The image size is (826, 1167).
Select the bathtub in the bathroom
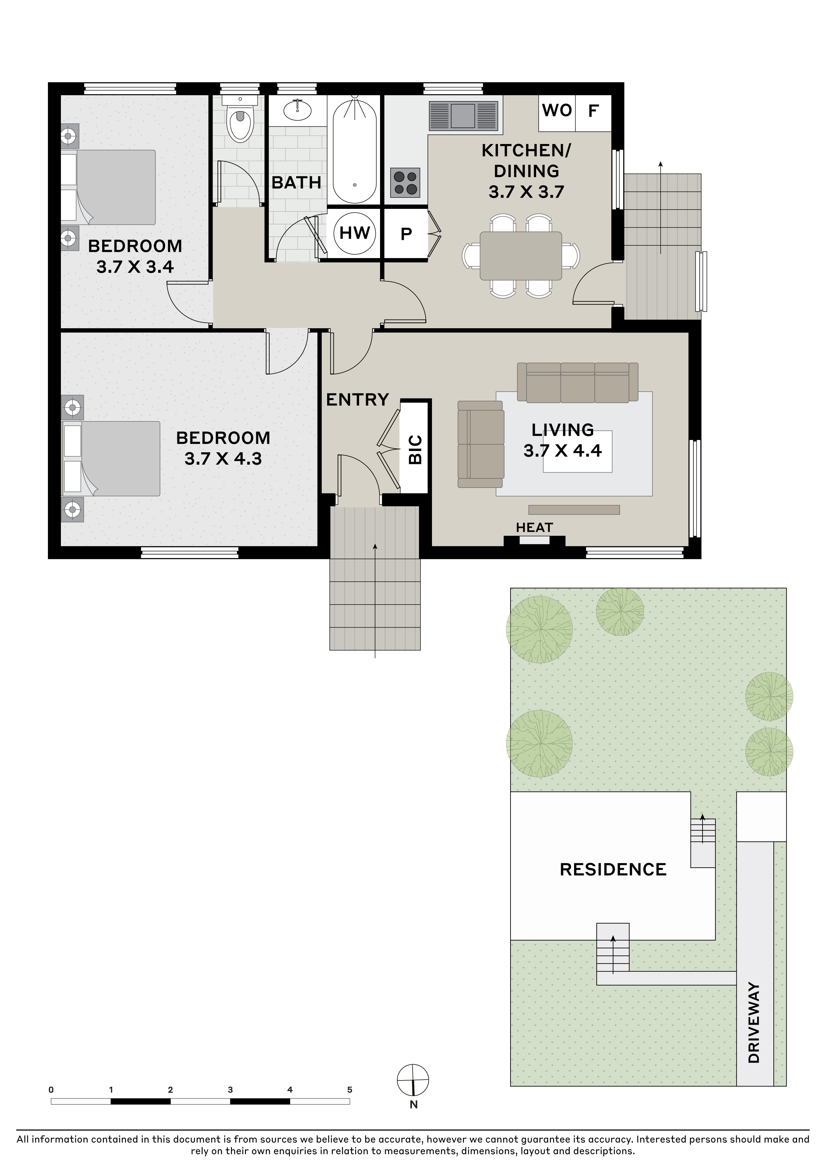(x=354, y=151)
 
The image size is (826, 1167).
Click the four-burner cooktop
(x=405, y=183)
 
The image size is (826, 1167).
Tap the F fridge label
(x=593, y=110)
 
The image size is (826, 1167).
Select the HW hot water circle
(x=354, y=233)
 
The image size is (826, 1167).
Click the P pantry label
(x=406, y=234)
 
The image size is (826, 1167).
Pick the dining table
(x=521, y=256)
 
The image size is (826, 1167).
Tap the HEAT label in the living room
(x=534, y=527)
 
